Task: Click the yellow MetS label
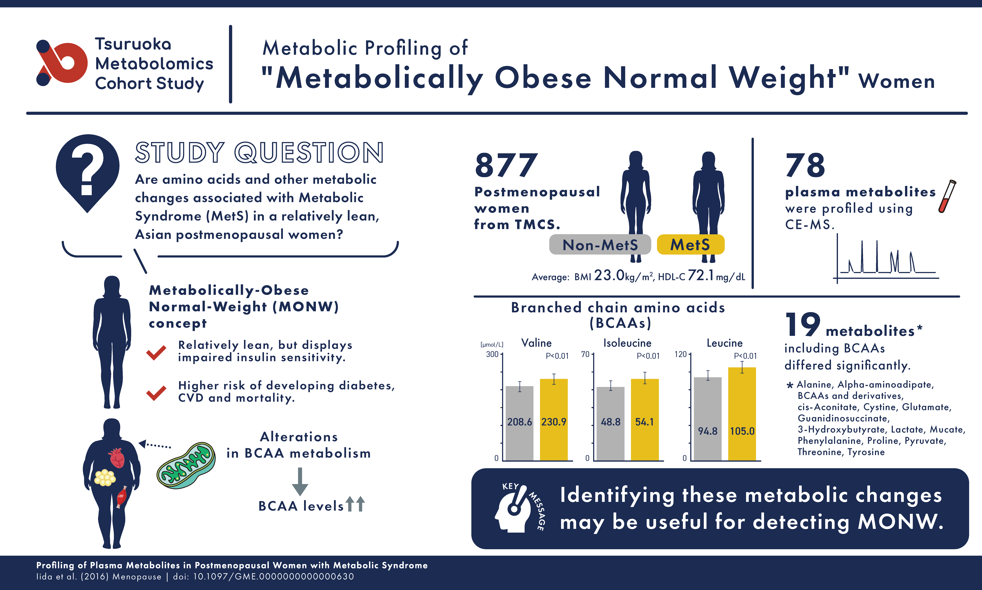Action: tap(690, 245)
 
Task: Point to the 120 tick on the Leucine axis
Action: tap(681, 354)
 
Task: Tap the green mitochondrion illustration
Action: tap(186, 465)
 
